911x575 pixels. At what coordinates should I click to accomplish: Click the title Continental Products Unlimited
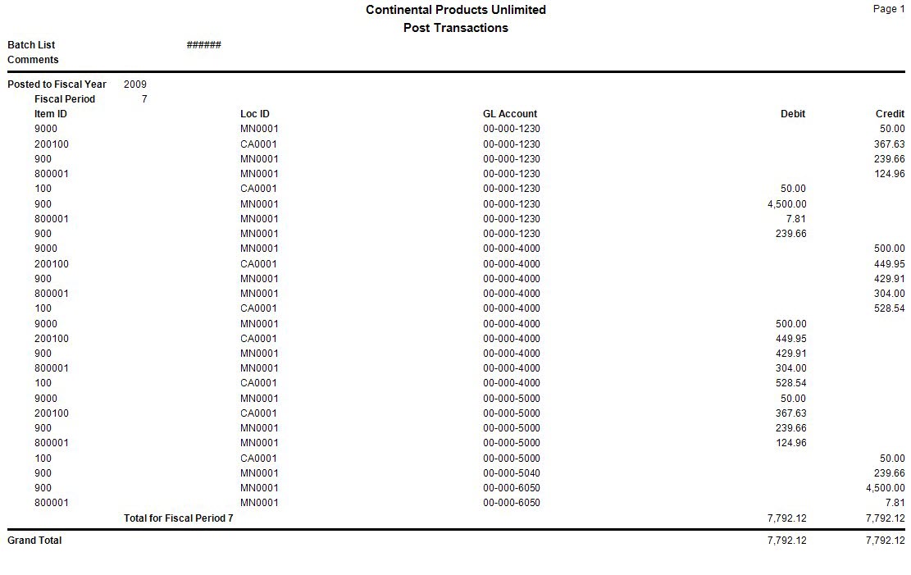point(455,10)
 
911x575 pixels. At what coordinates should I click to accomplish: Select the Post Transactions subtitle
point(455,28)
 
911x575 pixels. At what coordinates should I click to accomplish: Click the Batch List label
point(31,45)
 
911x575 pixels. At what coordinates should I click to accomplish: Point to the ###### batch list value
point(203,45)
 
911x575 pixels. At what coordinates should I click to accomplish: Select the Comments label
point(33,60)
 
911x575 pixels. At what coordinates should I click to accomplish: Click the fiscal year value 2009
point(135,84)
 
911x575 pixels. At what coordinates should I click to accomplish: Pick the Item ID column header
point(51,114)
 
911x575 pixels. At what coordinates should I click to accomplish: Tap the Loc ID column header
point(255,114)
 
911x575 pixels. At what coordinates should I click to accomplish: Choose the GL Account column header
point(510,114)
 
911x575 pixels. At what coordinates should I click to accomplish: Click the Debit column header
point(793,114)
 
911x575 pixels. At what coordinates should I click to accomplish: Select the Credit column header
point(890,114)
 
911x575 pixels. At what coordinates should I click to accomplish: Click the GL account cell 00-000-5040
point(512,473)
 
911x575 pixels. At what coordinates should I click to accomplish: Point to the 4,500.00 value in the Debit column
point(786,204)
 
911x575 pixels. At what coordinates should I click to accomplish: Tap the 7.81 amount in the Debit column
point(795,219)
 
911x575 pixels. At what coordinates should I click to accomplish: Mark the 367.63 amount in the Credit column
point(889,144)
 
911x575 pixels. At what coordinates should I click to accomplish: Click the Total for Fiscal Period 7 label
point(178,518)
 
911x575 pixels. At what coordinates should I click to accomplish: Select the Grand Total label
point(34,541)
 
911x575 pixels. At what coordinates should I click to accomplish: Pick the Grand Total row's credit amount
point(885,541)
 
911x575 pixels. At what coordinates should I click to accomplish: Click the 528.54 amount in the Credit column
point(889,309)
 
